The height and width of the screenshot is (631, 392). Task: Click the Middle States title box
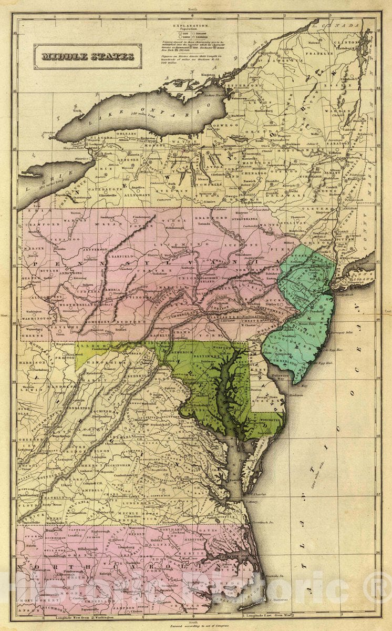click(x=88, y=57)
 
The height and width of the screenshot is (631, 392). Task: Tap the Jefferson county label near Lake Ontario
click(x=243, y=85)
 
